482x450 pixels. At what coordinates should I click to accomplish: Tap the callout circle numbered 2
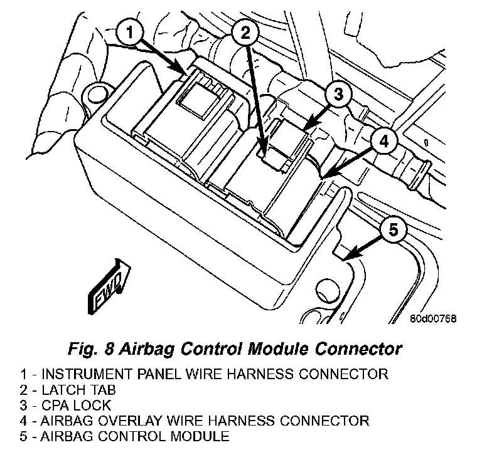(245, 33)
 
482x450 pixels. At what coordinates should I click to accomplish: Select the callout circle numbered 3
(338, 95)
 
